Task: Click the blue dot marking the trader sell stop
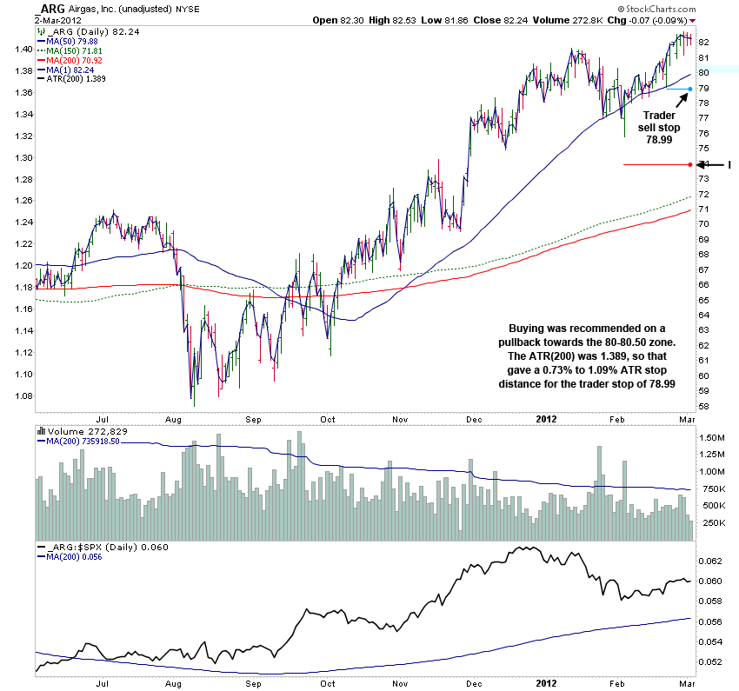pyautogui.click(x=689, y=89)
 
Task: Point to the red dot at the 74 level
pyautogui.click(x=689, y=164)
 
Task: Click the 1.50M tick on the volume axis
pyautogui.click(x=713, y=436)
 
